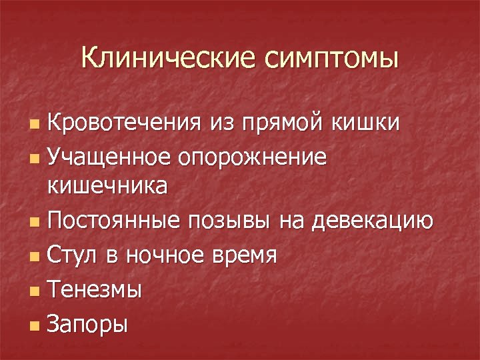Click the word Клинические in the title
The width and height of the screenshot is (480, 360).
click(x=169, y=58)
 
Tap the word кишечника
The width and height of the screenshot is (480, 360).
click(x=107, y=186)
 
